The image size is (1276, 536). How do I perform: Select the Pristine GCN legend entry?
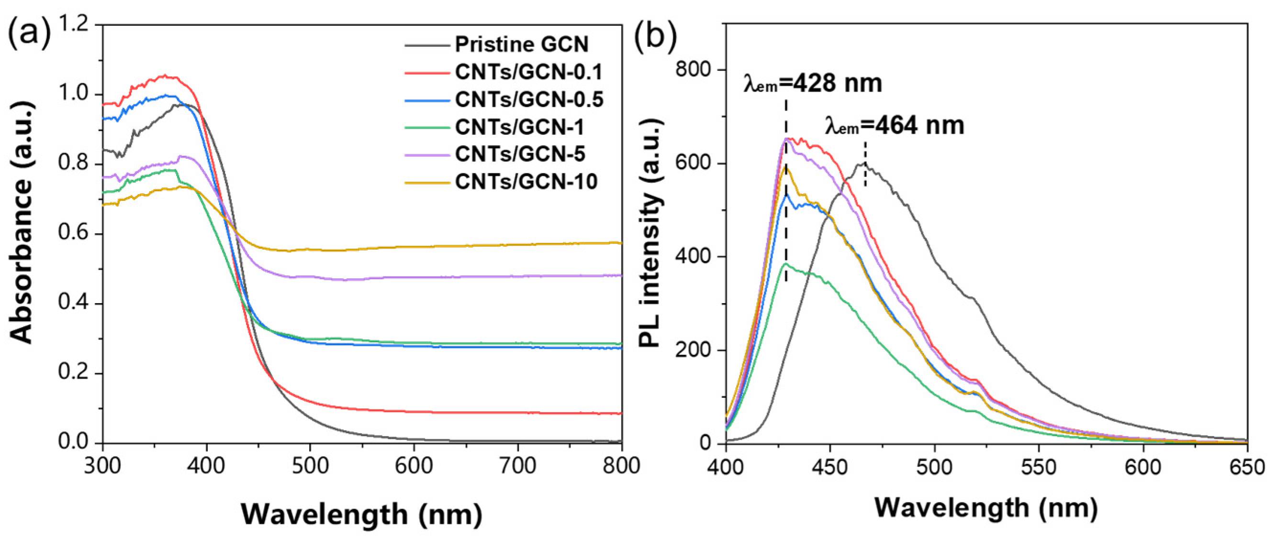click(x=522, y=44)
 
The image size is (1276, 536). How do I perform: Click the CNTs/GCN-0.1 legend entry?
click(x=528, y=72)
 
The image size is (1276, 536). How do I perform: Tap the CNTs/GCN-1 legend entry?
click(x=520, y=127)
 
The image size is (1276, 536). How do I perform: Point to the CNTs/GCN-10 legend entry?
click(x=526, y=182)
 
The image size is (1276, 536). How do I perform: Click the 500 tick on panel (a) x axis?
click(x=310, y=466)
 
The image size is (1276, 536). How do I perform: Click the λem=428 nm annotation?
click(x=813, y=84)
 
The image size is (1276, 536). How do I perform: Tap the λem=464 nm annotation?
click(x=895, y=126)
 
